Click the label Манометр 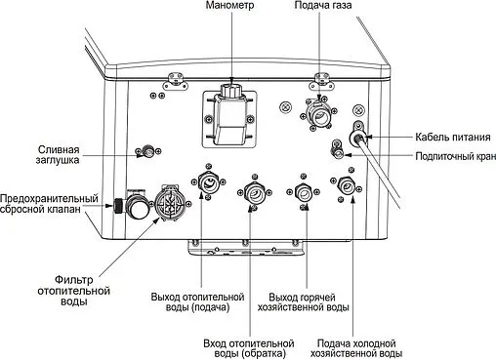pos(230,7)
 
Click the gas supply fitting pos(319,115)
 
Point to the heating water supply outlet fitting pos(208,181)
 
